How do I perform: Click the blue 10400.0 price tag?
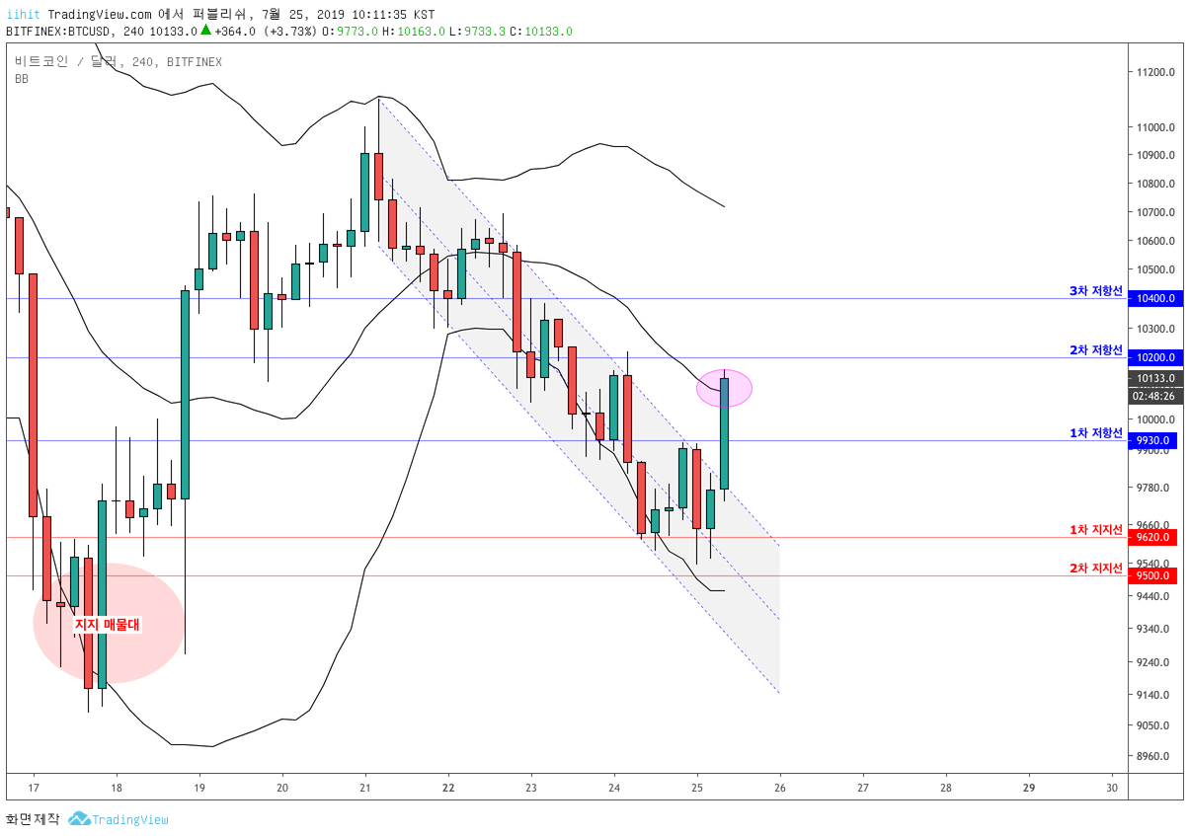tap(1155, 298)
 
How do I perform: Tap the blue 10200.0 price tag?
tap(1155, 357)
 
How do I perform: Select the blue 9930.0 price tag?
tap(1152, 440)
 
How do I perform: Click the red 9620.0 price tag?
tap(1152, 537)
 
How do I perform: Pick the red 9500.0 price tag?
tap(1152, 575)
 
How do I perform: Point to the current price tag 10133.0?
tap(1155, 378)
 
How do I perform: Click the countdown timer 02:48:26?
tap(1155, 396)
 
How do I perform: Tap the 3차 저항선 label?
tap(1096, 291)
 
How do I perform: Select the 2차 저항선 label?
tap(1096, 350)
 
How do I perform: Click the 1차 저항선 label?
tap(1096, 433)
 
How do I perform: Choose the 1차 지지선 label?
tap(1096, 530)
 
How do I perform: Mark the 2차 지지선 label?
tap(1096, 569)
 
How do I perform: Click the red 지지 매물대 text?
tap(108, 625)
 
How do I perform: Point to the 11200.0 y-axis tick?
tap(1155, 72)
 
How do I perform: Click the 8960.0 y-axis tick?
tap(1152, 756)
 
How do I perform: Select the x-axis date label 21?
tap(365, 788)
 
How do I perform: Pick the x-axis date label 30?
tap(1112, 788)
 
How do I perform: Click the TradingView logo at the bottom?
tap(119, 819)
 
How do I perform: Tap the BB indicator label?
tap(22, 79)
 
